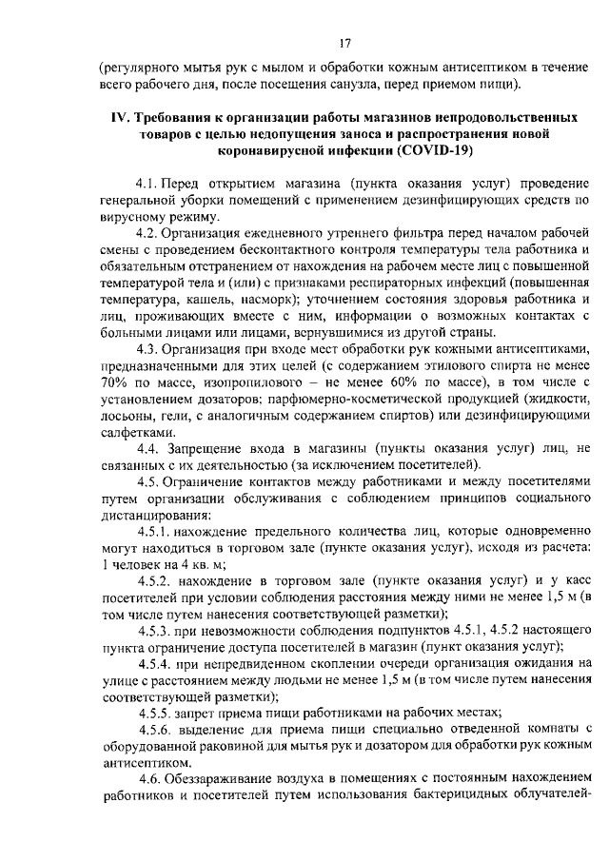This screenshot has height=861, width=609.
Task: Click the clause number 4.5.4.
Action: click(x=156, y=661)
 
